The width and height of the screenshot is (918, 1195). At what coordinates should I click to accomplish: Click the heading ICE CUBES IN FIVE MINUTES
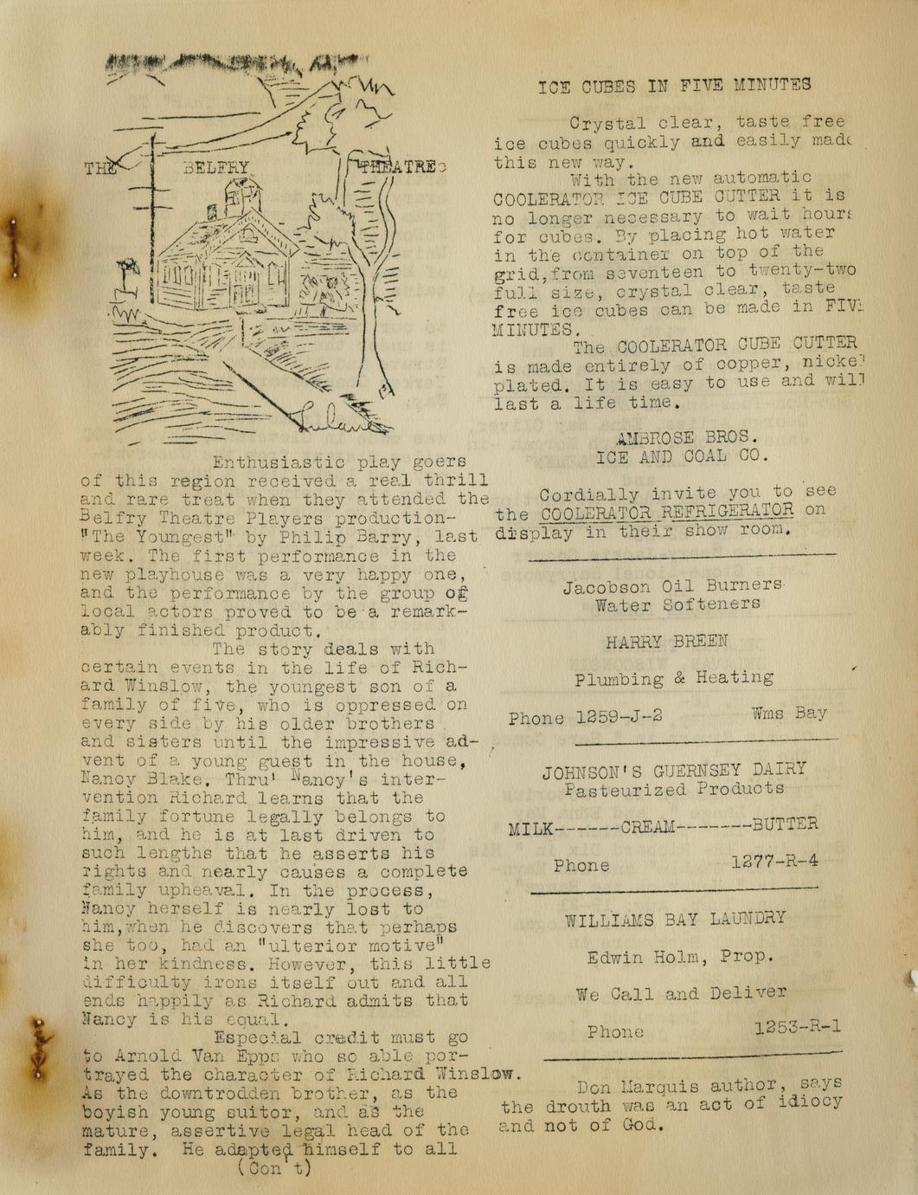pyautogui.click(x=674, y=85)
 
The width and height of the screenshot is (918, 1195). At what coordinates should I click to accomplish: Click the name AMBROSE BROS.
pyautogui.click(x=687, y=438)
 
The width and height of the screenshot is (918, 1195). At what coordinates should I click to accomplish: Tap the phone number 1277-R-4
pyautogui.click(x=774, y=862)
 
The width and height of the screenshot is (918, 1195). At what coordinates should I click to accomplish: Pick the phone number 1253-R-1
pyautogui.click(x=797, y=1027)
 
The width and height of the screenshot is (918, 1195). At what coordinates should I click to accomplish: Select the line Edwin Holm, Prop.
pyautogui.click(x=679, y=957)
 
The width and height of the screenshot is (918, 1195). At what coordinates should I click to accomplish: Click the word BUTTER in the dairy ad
pyautogui.click(x=785, y=824)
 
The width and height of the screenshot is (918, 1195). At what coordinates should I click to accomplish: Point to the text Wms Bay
pyautogui.click(x=788, y=714)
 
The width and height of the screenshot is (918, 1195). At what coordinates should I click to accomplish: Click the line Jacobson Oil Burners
pyautogui.click(x=672, y=586)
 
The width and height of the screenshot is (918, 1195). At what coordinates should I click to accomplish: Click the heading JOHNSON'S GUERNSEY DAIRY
pyautogui.click(x=674, y=770)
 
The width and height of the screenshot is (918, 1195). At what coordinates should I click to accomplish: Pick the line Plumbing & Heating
pyautogui.click(x=674, y=679)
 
